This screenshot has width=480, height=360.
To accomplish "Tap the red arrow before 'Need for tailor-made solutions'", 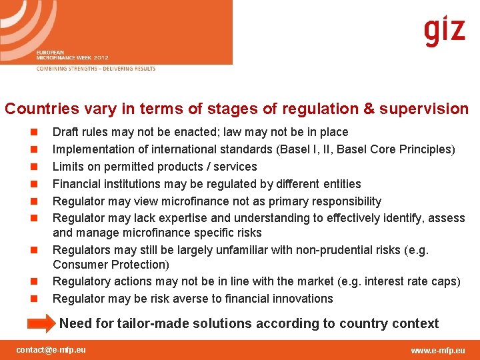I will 41,324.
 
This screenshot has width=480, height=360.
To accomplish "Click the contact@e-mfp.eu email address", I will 51,350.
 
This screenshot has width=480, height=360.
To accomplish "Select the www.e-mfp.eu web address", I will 438,351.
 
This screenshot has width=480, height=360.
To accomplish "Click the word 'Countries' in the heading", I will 38,109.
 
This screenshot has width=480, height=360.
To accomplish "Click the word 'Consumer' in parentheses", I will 82,265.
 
